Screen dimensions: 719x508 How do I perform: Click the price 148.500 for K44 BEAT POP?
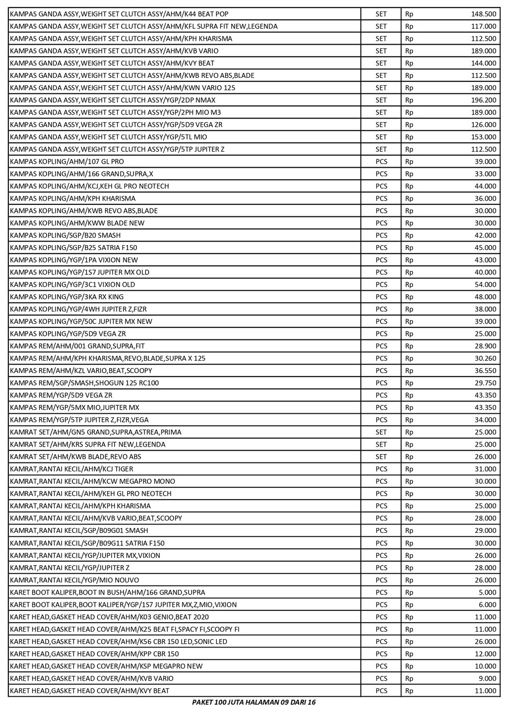click(x=483, y=14)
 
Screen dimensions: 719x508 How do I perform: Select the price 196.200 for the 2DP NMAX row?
click(x=483, y=100)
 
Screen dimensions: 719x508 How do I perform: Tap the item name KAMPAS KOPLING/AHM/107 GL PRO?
click(x=67, y=162)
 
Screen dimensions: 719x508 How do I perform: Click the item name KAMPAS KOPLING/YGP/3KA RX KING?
click(x=66, y=297)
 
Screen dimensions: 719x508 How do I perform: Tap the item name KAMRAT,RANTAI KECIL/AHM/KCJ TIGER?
click(x=71, y=469)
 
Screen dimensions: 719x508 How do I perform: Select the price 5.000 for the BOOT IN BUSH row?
click(x=488, y=592)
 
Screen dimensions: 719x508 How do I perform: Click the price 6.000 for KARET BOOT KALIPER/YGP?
click(x=488, y=605)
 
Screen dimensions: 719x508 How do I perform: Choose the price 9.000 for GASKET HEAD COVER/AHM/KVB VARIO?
click(x=488, y=678)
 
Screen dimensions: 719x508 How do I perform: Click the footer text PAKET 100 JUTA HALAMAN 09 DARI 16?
click(x=254, y=702)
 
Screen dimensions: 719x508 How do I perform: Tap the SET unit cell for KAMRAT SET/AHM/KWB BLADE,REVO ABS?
click(x=381, y=457)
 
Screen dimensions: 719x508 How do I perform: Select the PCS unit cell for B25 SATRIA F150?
click(x=381, y=248)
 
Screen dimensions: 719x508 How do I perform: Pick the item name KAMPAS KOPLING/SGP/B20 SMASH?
click(x=65, y=236)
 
